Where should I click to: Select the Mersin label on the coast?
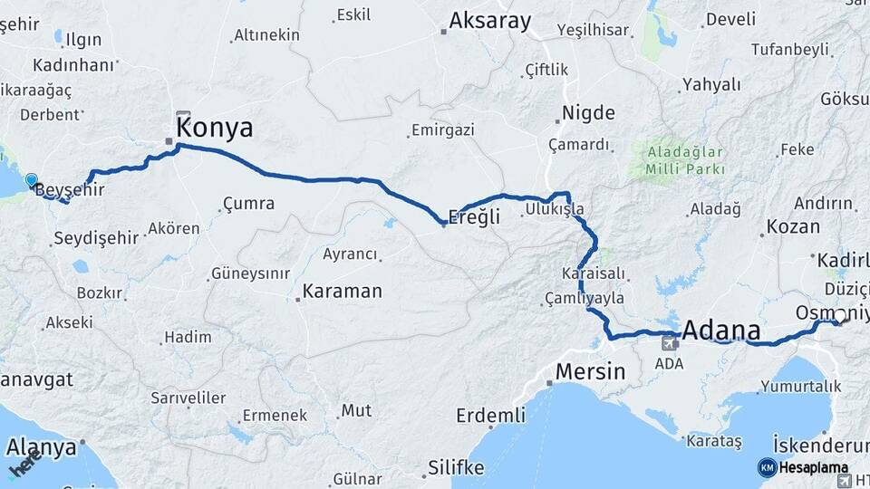point(590,371)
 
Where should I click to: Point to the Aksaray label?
point(489,21)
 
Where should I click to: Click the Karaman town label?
point(343,292)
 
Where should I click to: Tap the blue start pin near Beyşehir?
point(33,180)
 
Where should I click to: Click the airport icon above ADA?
point(670,343)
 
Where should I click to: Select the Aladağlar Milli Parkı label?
point(685,160)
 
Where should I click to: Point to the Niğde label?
point(588,113)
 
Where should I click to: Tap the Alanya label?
point(42,447)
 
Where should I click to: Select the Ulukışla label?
point(554,209)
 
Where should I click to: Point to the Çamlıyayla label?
point(585,298)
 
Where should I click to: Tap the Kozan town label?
point(793,226)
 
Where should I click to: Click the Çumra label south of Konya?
point(248,203)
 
